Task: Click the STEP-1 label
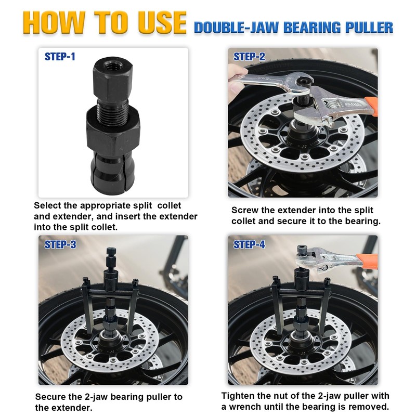click(59, 57)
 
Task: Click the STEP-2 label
click(249, 57)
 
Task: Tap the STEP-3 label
click(60, 244)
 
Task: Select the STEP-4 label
click(249, 244)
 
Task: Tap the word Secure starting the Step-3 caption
click(51, 397)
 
